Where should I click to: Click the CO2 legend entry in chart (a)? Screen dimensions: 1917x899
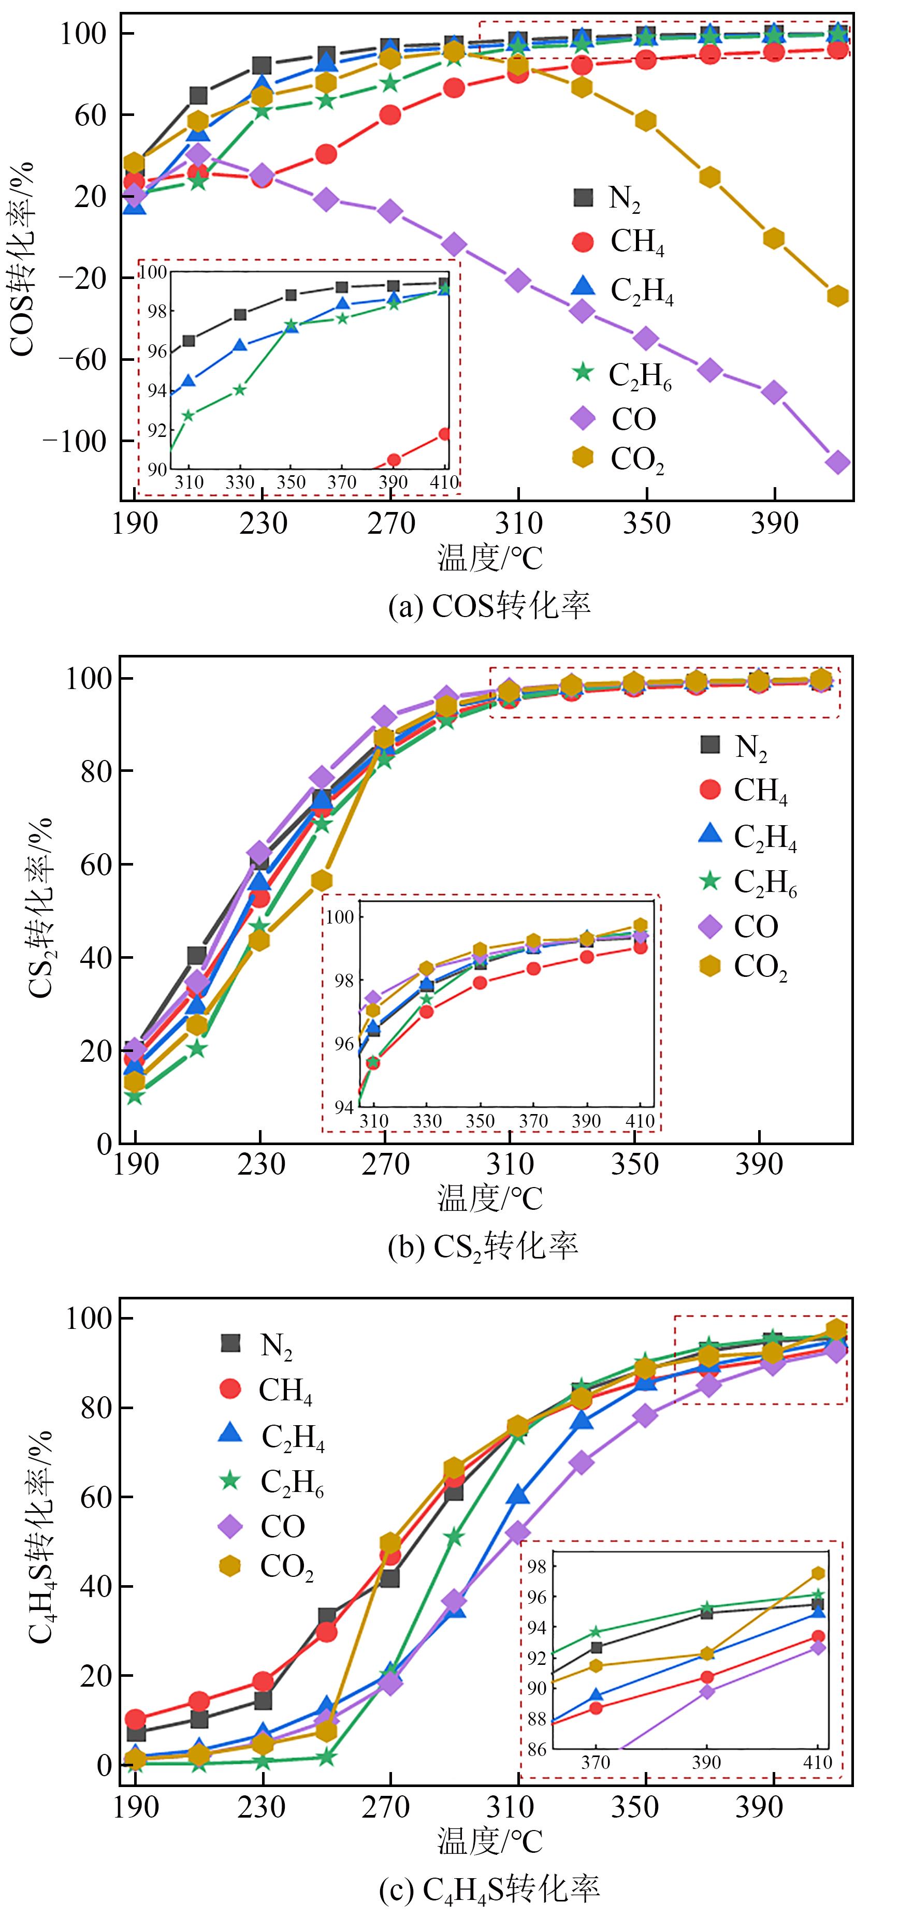click(x=621, y=459)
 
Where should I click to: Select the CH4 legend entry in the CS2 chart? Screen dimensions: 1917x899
click(x=744, y=789)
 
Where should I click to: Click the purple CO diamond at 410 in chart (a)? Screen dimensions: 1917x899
click(x=838, y=462)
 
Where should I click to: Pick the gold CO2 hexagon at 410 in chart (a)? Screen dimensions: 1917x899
click(x=838, y=296)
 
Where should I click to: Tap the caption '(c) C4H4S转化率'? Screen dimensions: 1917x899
click(x=488, y=1889)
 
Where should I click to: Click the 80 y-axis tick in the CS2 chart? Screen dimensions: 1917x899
click(x=95, y=771)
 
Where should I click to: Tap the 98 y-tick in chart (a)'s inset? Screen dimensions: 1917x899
click(x=156, y=311)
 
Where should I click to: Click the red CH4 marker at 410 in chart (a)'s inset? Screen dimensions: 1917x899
click(x=444, y=434)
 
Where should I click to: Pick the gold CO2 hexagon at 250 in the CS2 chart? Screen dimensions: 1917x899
click(x=322, y=881)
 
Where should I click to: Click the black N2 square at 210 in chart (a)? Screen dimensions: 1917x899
click(x=198, y=95)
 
